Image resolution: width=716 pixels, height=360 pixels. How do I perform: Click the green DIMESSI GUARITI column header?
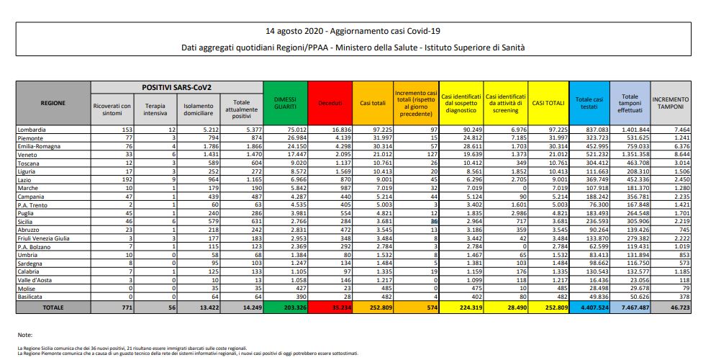tap(285, 103)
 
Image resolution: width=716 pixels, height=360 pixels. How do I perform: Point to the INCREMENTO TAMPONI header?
tap(670, 103)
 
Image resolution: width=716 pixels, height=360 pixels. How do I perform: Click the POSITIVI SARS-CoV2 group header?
tap(173, 86)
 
